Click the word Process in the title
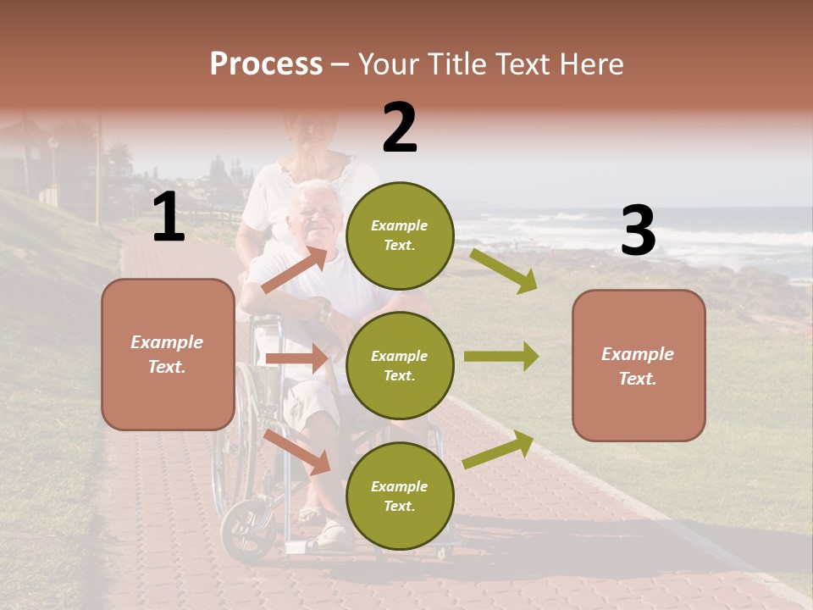click(266, 64)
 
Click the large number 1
click(169, 217)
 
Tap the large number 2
click(400, 128)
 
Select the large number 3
click(638, 230)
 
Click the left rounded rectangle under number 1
click(168, 354)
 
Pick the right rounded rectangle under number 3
click(639, 365)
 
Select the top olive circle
click(400, 236)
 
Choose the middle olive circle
click(400, 365)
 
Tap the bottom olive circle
click(400, 496)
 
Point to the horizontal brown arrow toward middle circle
click(296, 358)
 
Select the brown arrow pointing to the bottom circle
click(297, 452)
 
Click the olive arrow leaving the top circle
click(503, 270)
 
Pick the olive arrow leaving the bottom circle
click(498, 449)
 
